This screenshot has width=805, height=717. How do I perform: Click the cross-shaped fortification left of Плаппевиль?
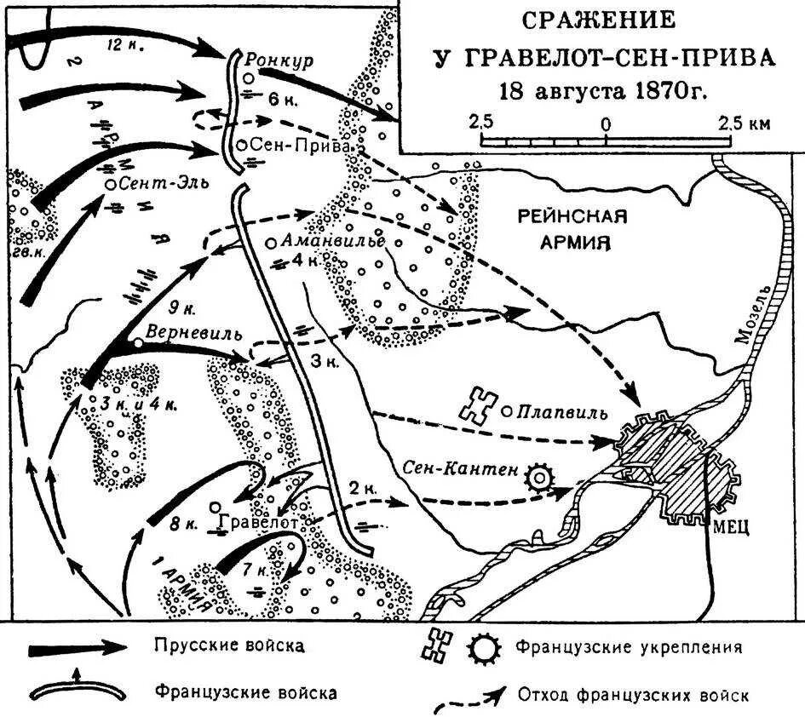pos(478,406)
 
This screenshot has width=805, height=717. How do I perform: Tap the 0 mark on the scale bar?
pos(606,124)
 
